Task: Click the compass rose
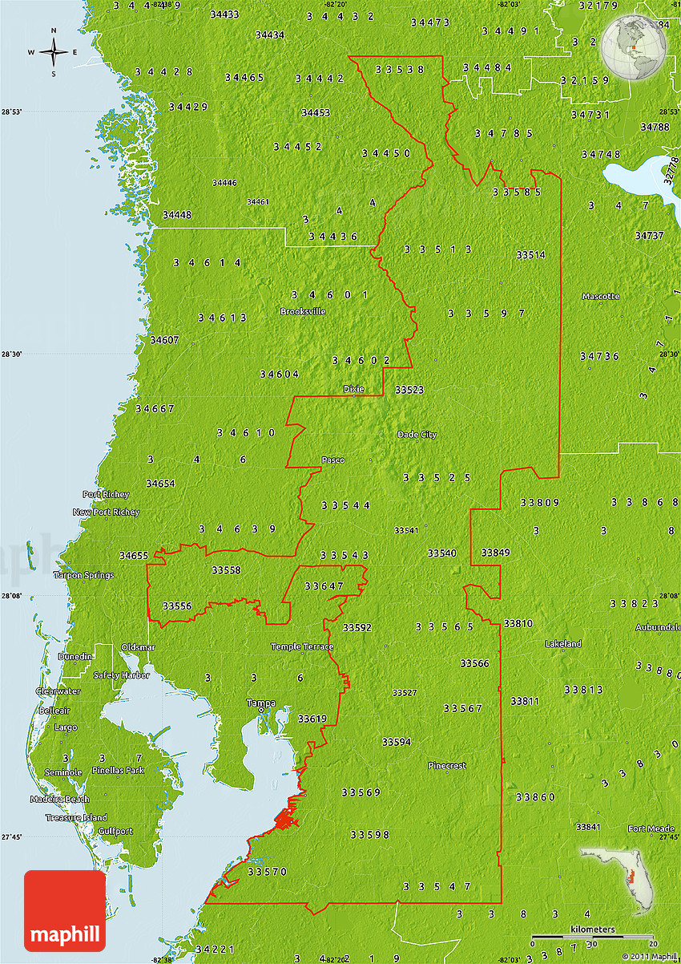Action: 54,53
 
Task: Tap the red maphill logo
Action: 65,911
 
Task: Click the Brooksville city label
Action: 303,311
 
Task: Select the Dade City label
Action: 417,435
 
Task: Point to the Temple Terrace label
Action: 302,646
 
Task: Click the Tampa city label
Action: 260,703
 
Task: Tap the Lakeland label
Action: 563,644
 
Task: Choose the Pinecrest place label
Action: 447,765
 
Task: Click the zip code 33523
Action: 409,390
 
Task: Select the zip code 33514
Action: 530,255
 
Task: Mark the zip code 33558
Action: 226,570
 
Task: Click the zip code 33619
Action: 312,719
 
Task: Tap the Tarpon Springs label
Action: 83,575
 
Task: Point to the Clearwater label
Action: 58,691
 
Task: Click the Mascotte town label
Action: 601,296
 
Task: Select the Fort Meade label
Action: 651,828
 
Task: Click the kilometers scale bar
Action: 593,935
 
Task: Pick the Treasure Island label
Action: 76,817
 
